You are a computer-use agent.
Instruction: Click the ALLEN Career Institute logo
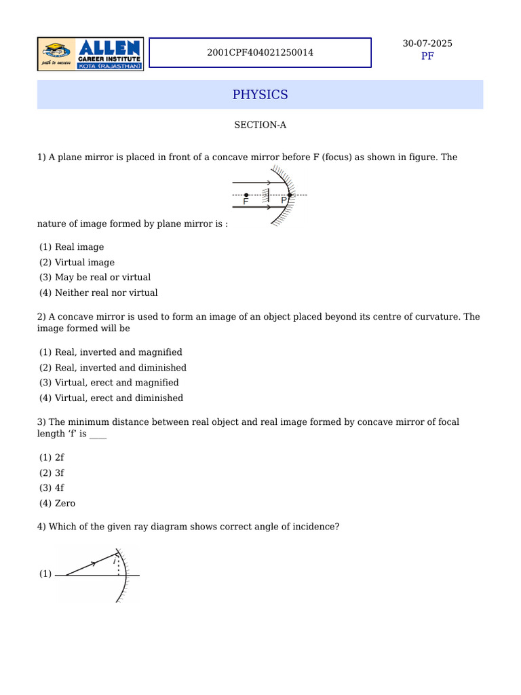pyautogui.click(x=90, y=54)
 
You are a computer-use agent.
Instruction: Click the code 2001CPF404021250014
pyautogui.click(x=260, y=52)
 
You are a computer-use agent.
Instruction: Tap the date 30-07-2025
pyautogui.click(x=427, y=43)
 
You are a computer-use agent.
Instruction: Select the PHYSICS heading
pyautogui.click(x=260, y=94)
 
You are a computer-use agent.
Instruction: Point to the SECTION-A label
pyautogui.click(x=256, y=125)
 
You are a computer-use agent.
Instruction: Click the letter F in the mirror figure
pyautogui.click(x=246, y=202)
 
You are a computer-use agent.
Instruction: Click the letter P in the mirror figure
pyautogui.click(x=284, y=201)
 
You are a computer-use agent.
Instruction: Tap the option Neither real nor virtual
pyautogui.click(x=106, y=293)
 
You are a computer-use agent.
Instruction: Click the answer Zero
pyautogui.click(x=65, y=503)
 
